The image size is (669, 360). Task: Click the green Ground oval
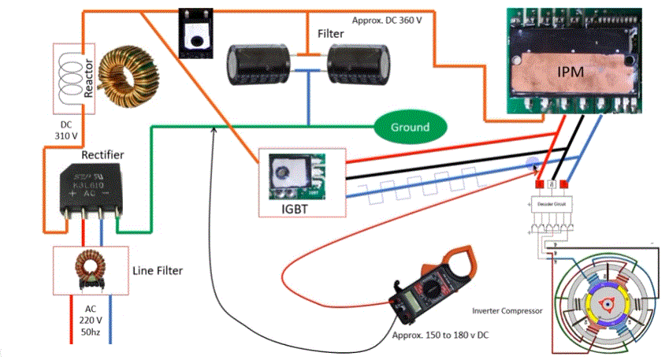coord(410,127)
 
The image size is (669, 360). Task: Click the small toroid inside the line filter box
coord(89,268)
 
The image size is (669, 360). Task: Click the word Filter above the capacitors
coord(331,34)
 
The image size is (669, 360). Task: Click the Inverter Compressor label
coord(508,310)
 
